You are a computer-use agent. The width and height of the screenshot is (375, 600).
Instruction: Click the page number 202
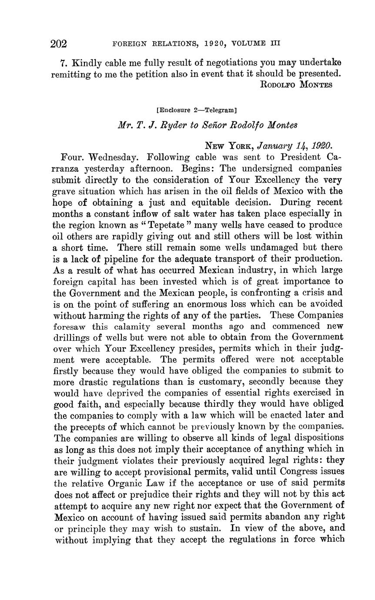click(x=58, y=44)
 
